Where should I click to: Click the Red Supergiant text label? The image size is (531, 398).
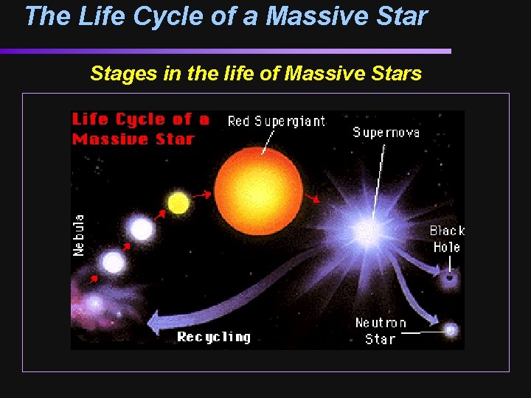click(276, 121)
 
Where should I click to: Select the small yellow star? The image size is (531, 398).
click(178, 202)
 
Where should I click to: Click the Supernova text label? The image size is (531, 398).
click(386, 133)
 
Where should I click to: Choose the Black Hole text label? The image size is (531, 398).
click(447, 239)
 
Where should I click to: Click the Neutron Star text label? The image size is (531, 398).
click(381, 331)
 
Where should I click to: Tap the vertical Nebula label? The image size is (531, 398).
click(79, 235)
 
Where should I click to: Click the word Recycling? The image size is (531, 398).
click(214, 337)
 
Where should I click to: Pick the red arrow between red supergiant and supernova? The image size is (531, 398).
click(315, 198)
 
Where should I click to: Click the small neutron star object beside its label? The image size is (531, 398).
click(450, 330)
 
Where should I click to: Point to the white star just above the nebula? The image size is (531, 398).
click(113, 262)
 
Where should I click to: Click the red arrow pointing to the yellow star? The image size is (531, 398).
click(160, 214)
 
